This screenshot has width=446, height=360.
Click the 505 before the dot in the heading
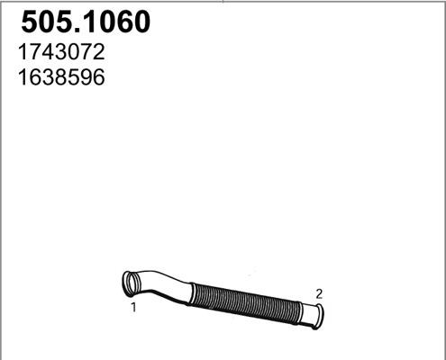pos(45,22)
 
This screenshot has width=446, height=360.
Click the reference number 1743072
pos(61,52)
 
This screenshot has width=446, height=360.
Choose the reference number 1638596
pos(61,77)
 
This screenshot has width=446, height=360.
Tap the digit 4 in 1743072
pos(50,52)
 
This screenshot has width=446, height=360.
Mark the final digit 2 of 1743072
pos(99,52)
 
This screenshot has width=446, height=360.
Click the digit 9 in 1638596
pos(86,77)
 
